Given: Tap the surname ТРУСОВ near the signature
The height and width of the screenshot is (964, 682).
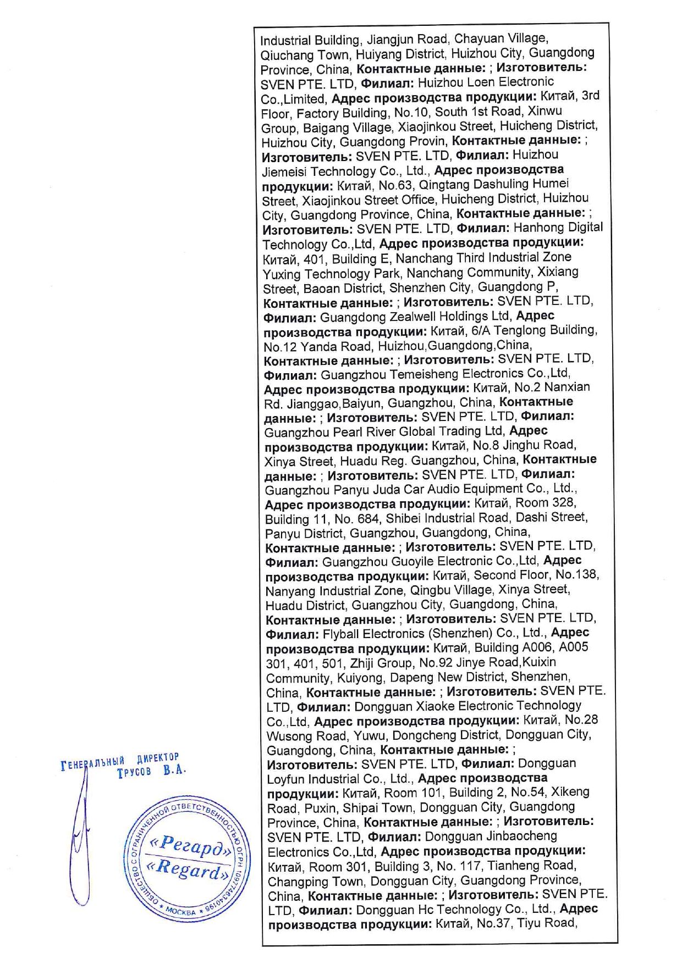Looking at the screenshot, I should pyautogui.click(x=134, y=772).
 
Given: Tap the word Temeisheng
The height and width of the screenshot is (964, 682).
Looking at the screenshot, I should pyautogui.click(x=423, y=375).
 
